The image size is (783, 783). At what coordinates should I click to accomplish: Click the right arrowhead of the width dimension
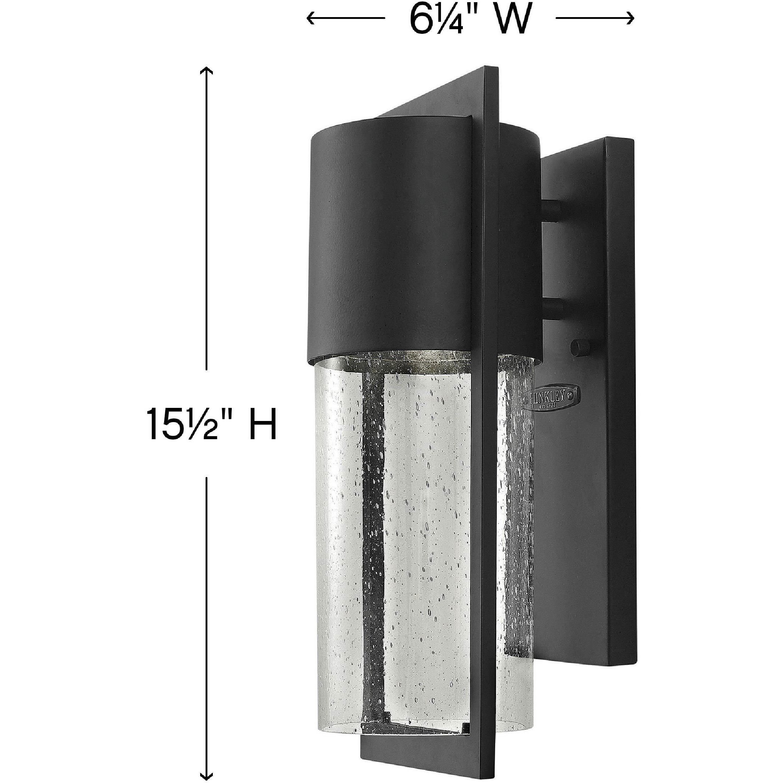630,18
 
